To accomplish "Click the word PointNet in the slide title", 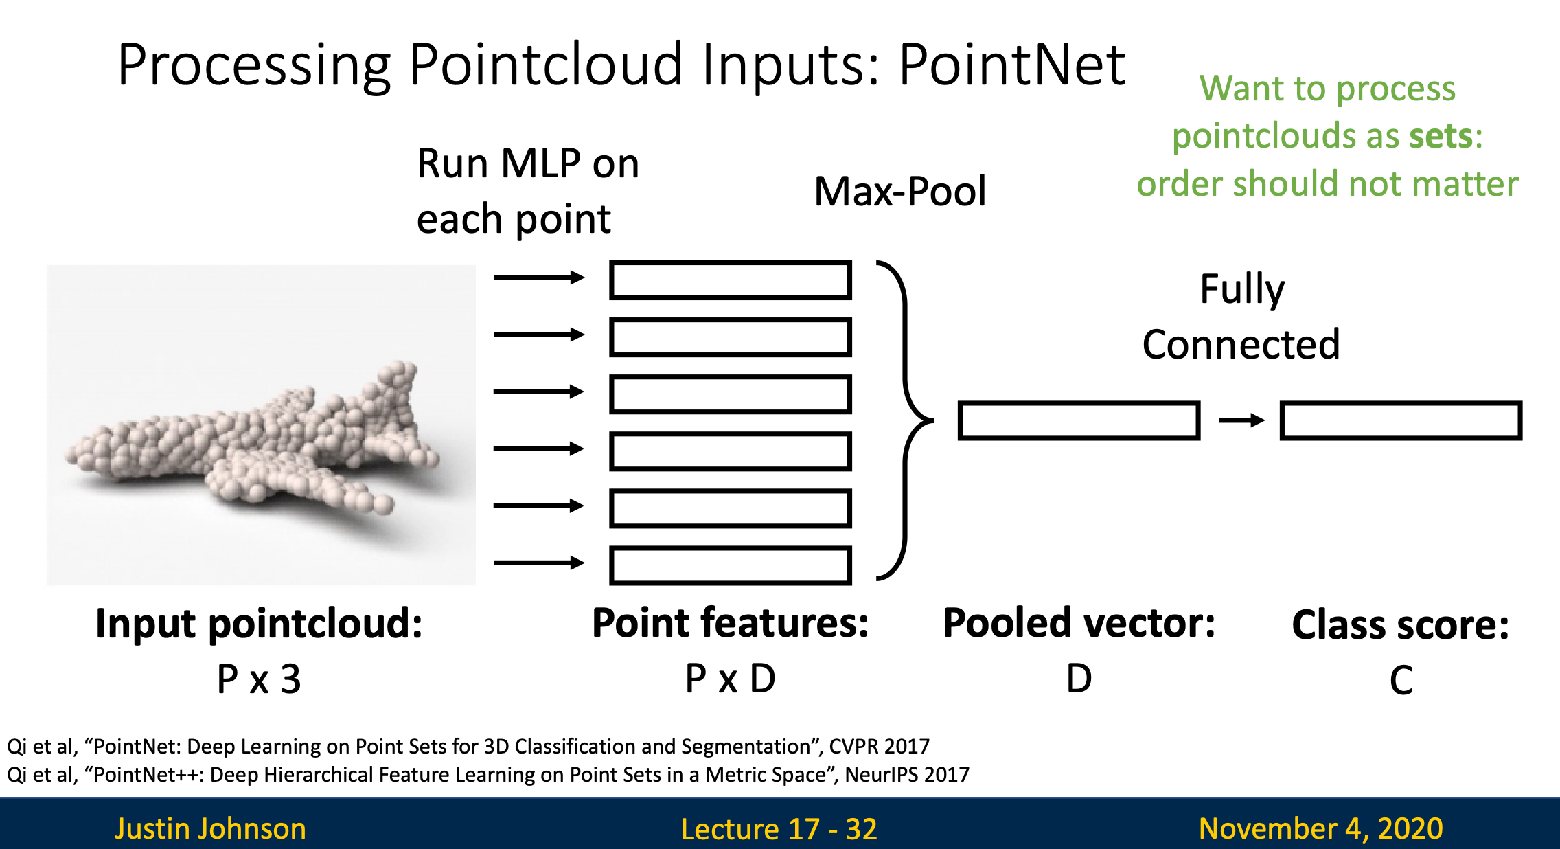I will [1012, 65].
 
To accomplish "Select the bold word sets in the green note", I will [1440, 136].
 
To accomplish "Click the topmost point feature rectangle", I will [731, 280].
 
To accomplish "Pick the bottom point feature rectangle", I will [731, 565].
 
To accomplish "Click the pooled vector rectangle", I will [1079, 420].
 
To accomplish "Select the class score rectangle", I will [1401, 420].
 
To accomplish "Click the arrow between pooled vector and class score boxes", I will [1241, 420].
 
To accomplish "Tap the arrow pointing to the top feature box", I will [538, 278].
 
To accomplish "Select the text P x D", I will [730, 679].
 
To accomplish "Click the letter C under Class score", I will [1401, 680].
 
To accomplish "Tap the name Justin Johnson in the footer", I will [210, 828].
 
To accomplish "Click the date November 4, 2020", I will [1320, 828].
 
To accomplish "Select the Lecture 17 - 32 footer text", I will [779, 829].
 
